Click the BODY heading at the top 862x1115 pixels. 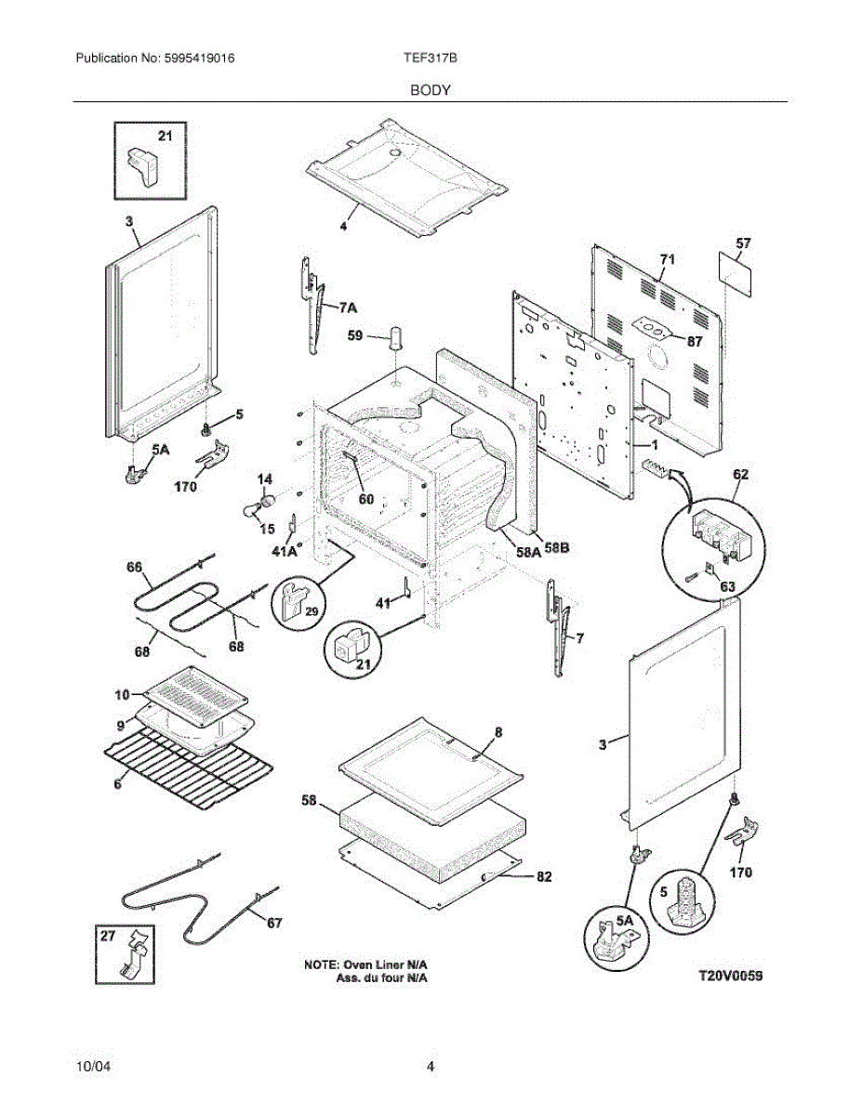[431, 90]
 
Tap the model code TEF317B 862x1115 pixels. [429, 58]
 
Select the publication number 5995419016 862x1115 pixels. [196, 58]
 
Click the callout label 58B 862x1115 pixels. [557, 549]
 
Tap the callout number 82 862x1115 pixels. [543, 875]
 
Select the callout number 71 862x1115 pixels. [667, 258]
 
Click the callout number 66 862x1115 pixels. [136, 567]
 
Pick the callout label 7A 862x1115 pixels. [348, 306]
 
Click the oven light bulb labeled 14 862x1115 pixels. [268, 503]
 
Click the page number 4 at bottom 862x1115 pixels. [431, 1067]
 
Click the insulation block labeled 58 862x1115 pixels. [428, 822]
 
